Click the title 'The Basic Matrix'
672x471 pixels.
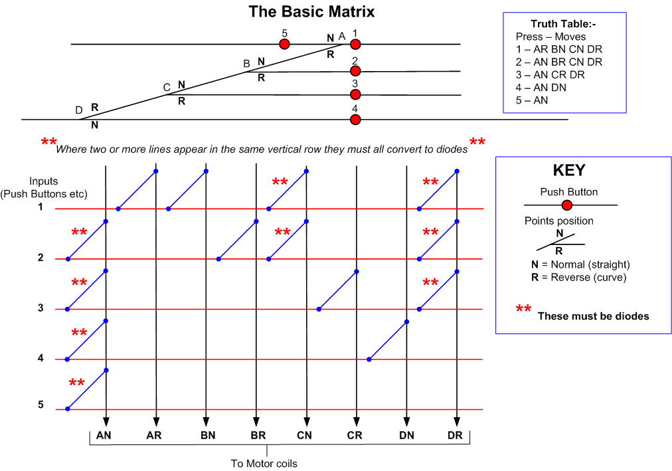(311, 11)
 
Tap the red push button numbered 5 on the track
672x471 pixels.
(284, 44)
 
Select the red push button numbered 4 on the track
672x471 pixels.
(355, 120)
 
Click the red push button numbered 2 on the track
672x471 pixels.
(355, 70)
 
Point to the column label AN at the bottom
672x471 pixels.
(104, 435)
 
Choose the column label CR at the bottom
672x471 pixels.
(355, 435)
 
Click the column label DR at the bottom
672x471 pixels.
(455, 435)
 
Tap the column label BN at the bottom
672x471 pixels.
(208, 435)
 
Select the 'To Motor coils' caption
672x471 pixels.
(264, 464)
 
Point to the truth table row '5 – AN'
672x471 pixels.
(532, 100)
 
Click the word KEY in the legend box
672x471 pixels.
(569, 170)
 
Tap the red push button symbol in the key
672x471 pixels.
(567, 205)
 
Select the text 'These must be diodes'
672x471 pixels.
(594, 316)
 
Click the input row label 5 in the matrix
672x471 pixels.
(41, 405)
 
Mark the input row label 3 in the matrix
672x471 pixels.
(41, 308)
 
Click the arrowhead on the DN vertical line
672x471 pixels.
(406, 421)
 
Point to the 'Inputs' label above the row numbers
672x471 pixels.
(43, 181)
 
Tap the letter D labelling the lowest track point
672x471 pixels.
(79, 110)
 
